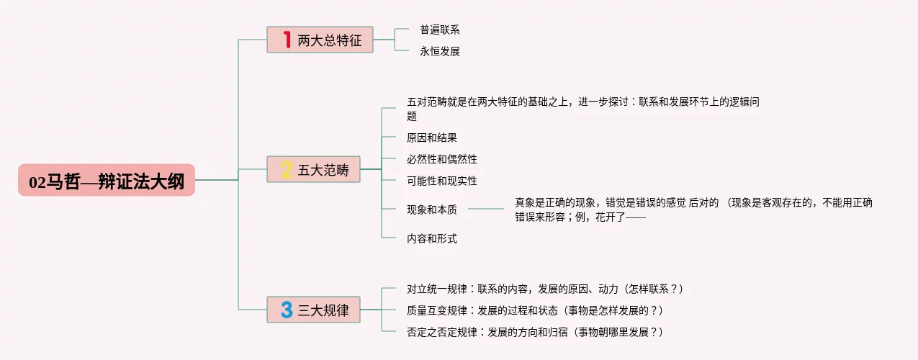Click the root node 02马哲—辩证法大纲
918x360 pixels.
click(107, 180)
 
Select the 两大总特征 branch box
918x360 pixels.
click(320, 40)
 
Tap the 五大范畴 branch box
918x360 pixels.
click(313, 170)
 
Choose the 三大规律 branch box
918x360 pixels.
click(313, 310)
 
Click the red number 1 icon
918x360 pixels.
click(287, 40)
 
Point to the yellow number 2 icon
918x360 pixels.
click(287, 170)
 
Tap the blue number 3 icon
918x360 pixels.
click(287, 310)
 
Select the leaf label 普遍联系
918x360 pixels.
click(439, 30)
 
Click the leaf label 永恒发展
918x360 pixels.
click(439, 51)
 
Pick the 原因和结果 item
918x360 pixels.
click(431, 138)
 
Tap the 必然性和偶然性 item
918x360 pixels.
click(441, 159)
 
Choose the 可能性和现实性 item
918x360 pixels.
click(441, 181)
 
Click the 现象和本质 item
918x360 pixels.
click(431, 210)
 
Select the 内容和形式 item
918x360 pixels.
click(431, 238)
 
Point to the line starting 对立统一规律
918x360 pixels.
click(544, 289)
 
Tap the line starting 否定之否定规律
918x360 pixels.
click(534, 332)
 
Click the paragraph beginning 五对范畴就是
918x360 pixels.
click(583, 109)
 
